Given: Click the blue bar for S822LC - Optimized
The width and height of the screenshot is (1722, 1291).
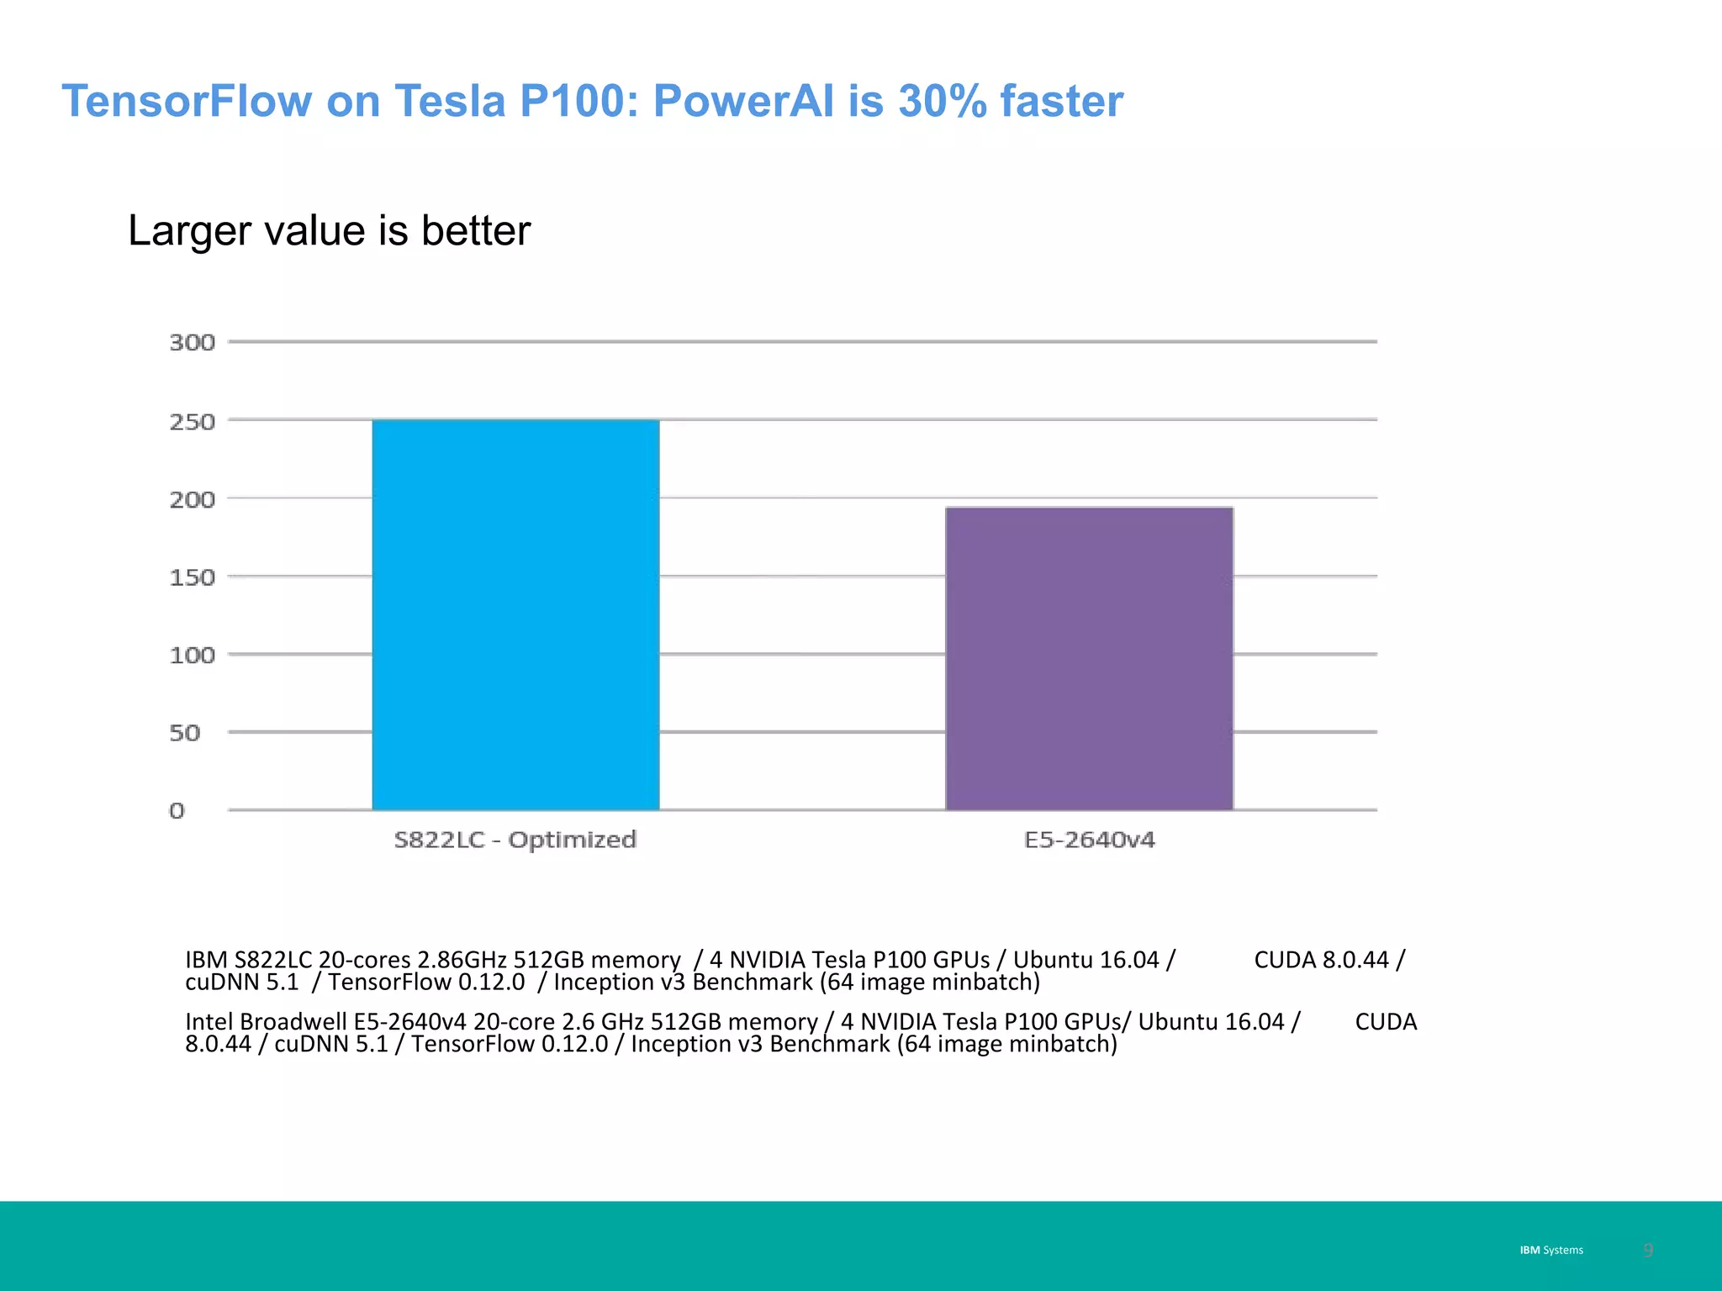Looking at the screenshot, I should [x=515, y=614].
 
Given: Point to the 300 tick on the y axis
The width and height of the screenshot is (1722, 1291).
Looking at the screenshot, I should [x=193, y=343].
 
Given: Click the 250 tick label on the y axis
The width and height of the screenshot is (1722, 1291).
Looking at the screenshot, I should [x=193, y=422].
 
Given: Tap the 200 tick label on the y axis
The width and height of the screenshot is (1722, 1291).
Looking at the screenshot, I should [x=193, y=500].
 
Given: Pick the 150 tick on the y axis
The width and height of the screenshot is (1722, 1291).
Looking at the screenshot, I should [x=193, y=577].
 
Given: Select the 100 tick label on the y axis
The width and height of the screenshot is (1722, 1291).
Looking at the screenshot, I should [x=193, y=656].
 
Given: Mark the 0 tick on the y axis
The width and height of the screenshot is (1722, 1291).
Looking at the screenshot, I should [x=177, y=811].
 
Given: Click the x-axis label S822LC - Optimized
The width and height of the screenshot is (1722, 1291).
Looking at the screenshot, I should [x=515, y=840].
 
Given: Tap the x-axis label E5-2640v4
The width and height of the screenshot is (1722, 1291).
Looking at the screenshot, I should [x=1089, y=840].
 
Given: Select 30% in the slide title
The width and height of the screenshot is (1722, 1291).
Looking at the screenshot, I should [x=942, y=101].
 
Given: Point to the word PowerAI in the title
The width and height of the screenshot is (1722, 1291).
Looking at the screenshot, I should [x=743, y=101].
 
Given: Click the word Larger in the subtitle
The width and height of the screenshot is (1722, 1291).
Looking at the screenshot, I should [x=189, y=231].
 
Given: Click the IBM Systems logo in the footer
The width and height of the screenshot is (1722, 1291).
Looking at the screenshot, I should [x=1550, y=1250].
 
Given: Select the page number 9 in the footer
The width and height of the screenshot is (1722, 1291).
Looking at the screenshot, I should [x=1648, y=1250].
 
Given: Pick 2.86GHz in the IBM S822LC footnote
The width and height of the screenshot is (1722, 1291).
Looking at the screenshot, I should [x=462, y=960].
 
